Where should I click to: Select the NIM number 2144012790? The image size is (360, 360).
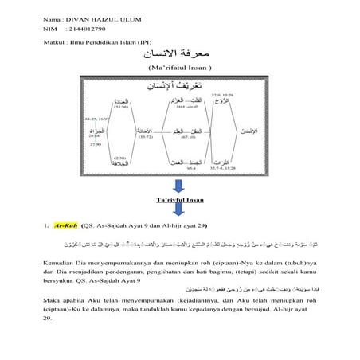(88, 27)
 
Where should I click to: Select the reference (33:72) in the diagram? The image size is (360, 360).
(147, 137)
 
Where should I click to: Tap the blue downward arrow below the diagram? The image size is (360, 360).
(180, 184)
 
